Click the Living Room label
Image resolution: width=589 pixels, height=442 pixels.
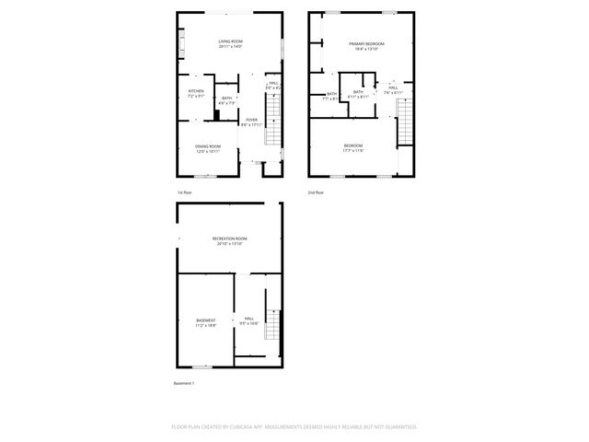[x=230, y=43]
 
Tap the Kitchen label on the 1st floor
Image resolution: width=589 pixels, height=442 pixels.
[x=196, y=93]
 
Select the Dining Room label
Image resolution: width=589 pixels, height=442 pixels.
[x=208, y=148]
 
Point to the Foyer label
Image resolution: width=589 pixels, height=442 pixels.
[x=252, y=122]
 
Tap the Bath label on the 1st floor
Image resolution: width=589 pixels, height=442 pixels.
[x=227, y=100]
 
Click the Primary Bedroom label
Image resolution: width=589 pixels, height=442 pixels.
[x=365, y=46]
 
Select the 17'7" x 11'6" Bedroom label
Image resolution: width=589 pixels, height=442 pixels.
[x=353, y=148]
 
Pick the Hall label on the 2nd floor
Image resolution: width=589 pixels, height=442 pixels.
[x=392, y=90]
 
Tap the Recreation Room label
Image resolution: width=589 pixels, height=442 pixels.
[x=229, y=241]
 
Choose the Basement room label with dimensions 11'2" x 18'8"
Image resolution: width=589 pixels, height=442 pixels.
[x=205, y=322]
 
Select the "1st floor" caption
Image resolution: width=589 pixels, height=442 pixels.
[x=185, y=192]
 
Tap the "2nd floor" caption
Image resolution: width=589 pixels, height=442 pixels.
[x=316, y=192]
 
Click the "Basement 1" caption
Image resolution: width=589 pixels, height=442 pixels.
[x=184, y=383]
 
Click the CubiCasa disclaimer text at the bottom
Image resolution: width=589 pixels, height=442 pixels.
[x=294, y=427]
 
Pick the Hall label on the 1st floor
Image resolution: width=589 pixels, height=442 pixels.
[x=272, y=85]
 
